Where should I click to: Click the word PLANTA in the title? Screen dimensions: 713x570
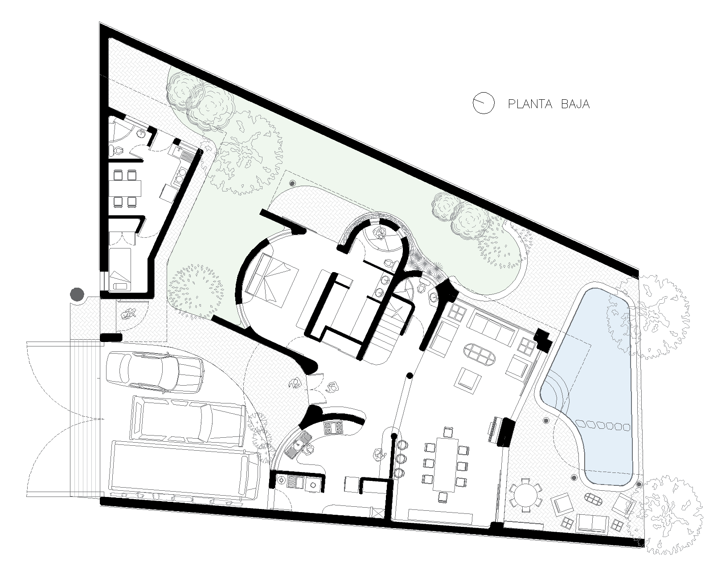click(x=530, y=104)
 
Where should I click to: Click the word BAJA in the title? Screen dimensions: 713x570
click(x=575, y=104)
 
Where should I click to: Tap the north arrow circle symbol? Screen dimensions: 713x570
click(x=484, y=103)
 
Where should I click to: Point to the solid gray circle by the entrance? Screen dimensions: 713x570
click(x=77, y=294)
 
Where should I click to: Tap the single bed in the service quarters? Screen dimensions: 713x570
click(x=120, y=269)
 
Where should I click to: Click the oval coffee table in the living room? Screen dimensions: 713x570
click(x=479, y=355)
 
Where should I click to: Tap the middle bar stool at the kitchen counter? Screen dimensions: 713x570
click(x=401, y=459)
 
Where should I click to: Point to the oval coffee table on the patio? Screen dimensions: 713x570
click(x=593, y=498)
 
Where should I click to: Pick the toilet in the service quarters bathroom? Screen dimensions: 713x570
click(x=117, y=151)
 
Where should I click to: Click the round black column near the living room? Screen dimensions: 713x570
click(x=410, y=375)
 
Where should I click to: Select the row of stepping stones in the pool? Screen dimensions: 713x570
click(x=603, y=426)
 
